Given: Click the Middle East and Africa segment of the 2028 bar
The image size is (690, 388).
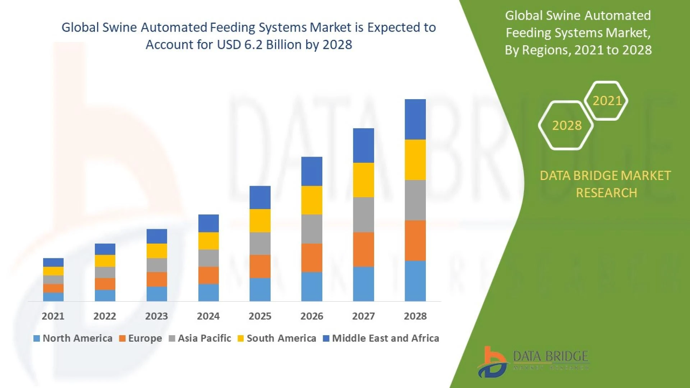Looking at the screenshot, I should tap(415, 119).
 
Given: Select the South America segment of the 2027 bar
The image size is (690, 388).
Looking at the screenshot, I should tap(363, 180).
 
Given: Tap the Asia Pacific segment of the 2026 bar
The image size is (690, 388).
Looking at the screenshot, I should tap(312, 229).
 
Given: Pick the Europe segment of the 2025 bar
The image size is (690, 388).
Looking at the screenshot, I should tap(260, 266).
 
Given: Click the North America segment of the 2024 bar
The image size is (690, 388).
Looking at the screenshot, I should tap(208, 292).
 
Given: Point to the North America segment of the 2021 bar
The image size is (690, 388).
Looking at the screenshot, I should tap(53, 297).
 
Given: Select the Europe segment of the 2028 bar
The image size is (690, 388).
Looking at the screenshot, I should tap(415, 240).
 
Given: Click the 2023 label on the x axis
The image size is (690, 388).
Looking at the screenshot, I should tap(156, 316).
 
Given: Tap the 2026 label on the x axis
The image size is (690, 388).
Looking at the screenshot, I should tap(312, 316).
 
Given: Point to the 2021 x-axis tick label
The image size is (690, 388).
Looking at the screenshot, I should tap(53, 316).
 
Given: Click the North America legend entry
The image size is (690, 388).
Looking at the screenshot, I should tap(73, 338).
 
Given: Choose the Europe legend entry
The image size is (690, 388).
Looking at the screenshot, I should tap(141, 338).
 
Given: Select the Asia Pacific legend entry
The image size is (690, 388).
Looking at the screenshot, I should tap(200, 338).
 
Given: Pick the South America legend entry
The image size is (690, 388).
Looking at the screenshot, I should tap(277, 338).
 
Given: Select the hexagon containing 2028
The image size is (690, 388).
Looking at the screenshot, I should tap(566, 125).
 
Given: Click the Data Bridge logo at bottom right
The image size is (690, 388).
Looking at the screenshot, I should tap(533, 361).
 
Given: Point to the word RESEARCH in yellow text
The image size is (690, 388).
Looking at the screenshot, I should tap(606, 193).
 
